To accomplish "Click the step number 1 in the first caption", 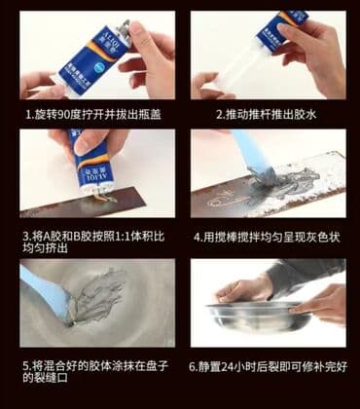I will (x=29, y=113).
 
